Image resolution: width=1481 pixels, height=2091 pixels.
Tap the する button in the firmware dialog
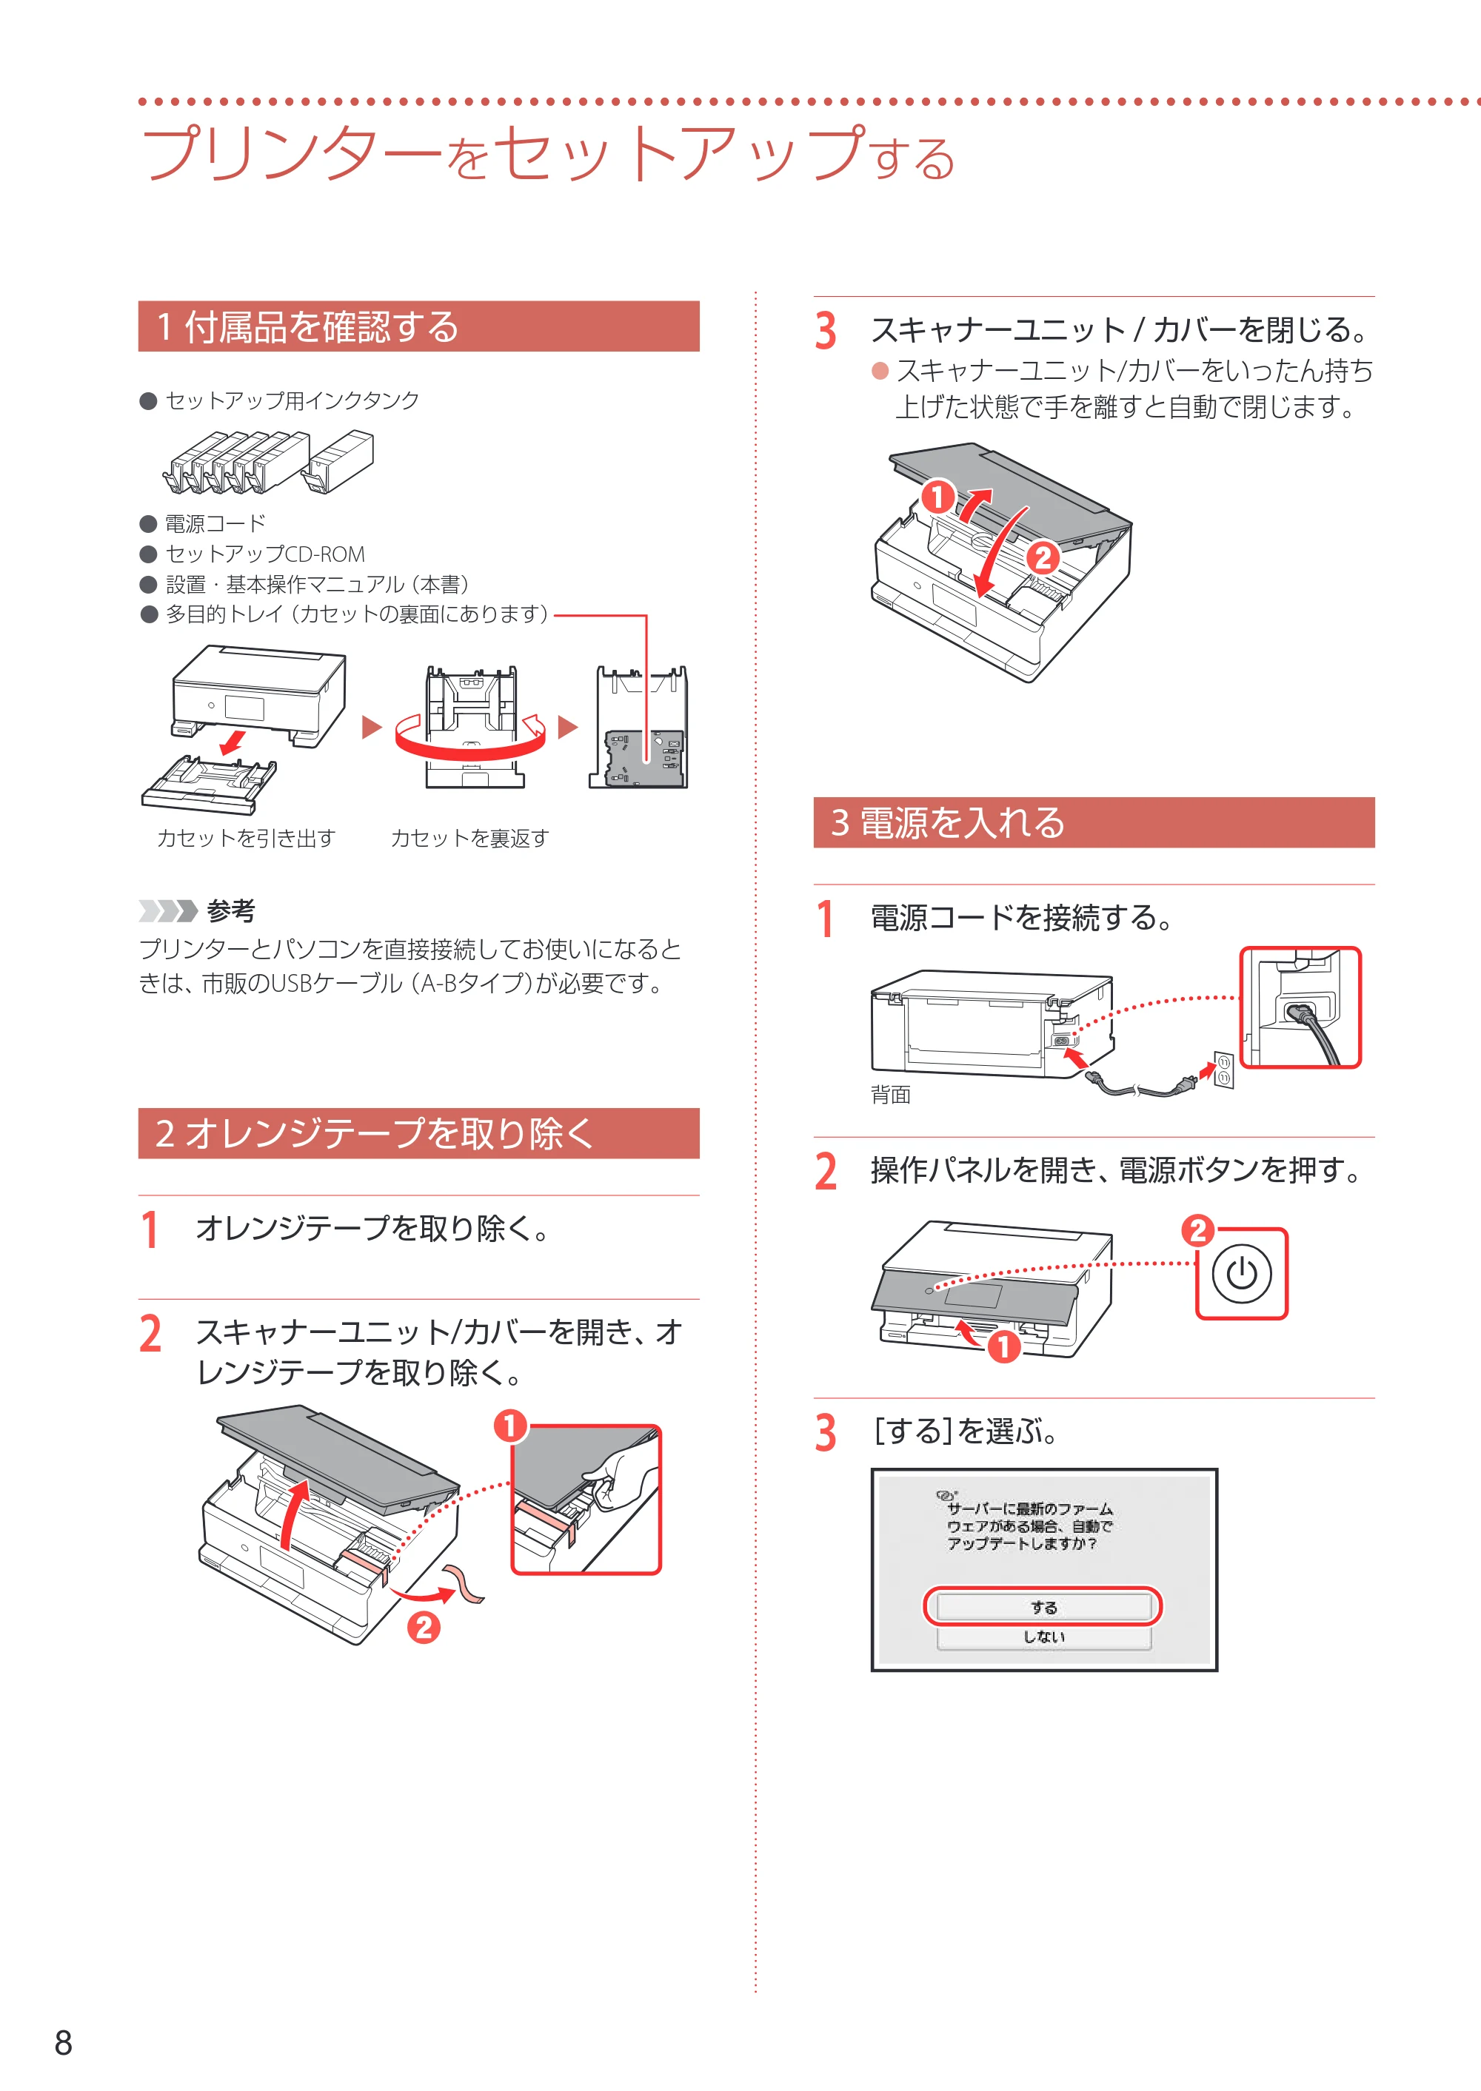point(1043,1607)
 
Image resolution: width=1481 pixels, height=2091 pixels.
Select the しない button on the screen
point(1043,1637)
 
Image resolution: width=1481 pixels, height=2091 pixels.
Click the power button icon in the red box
point(1241,1273)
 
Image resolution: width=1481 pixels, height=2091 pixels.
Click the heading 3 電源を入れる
point(948,822)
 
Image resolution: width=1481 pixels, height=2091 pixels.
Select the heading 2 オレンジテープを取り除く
point(374,1133)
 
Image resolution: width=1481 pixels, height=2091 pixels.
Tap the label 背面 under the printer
point(890,1095)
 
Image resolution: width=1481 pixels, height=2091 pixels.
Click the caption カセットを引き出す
point(247,838)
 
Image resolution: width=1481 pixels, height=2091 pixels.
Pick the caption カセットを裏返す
point(469,838)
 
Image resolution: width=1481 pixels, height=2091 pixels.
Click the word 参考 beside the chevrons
point(231,910)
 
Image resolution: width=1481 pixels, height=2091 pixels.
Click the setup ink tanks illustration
point(268,462)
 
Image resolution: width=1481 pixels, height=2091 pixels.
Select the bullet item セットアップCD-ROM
point(264,554)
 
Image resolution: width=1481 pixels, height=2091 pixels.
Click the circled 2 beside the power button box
point(1198,1229)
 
